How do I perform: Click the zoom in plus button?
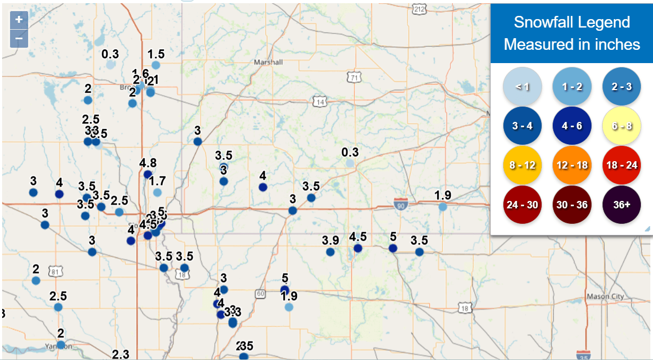tap(19, 20)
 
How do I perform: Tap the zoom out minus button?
tap(19, 38)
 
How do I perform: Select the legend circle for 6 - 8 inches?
tap(622, 126)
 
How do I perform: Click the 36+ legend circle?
tap(622, 205)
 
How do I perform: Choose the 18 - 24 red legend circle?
tap(622, 165)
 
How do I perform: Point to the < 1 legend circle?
tap(523, 86)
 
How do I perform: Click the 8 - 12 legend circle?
tap(523, 165)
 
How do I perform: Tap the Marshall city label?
tap(268, 62)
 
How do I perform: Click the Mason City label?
tap(605, 296)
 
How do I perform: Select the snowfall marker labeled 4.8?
tap(148, 174)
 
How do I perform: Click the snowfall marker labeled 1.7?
tap(157, 192)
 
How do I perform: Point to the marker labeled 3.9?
tap(330, 252)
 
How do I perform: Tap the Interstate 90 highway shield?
tap(401, 203)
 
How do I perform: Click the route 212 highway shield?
tap(419, 9)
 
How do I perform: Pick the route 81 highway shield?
tap(54, 272)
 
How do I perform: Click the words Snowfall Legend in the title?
tap(571, 22)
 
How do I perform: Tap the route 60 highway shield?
tap(260, 293)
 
